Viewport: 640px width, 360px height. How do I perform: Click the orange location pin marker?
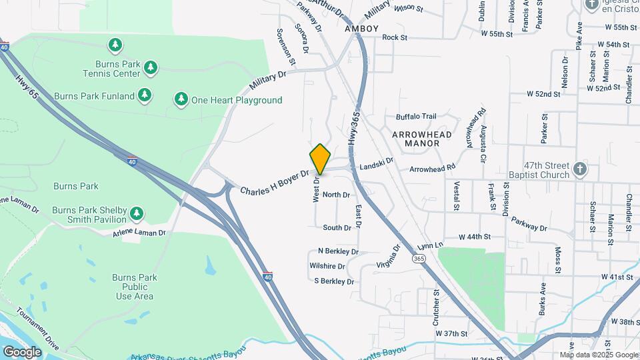tap(320, 159)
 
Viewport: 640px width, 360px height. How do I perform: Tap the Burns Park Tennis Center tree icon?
tap(151, 67)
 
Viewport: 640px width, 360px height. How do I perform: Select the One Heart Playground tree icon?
tap(181, 100)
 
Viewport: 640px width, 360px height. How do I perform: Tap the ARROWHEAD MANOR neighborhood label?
tap(421, 139)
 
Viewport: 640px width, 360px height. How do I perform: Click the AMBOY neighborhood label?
tap(361, 29)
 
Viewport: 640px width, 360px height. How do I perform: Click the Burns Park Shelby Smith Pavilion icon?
tap(137, 213)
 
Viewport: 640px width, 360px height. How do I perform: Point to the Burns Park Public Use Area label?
tap(134, 287)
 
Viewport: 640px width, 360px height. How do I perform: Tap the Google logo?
tap(22, 351)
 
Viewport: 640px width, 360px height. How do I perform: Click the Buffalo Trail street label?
tap(415, 116)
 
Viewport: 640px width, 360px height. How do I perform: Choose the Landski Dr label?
tap(377, 163)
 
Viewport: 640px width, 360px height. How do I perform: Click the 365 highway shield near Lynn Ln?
tap(419, 258)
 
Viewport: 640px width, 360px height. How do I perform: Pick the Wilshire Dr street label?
tap(327, 266)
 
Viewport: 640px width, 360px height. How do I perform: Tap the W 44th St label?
tap(475, 237)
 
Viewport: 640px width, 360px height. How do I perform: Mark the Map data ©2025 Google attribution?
tap(599, 355)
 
